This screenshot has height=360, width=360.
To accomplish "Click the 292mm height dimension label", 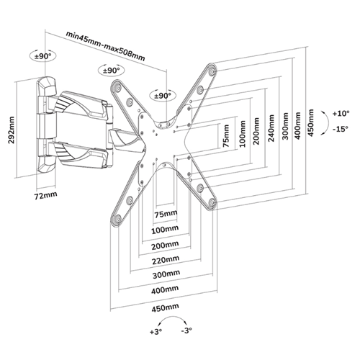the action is tap(12, 130).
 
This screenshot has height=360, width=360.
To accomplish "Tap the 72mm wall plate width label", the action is tap(46, 195).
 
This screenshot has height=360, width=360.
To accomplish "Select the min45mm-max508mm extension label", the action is tap(106, 45).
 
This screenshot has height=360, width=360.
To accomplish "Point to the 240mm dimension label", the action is tap(271, 128).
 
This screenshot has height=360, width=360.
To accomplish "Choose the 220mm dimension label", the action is tap(166, 260).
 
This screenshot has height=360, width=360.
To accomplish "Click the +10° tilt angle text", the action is tap(341, 113).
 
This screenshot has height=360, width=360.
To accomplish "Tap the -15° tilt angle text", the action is tap(341, 129).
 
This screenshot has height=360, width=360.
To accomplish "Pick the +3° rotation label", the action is tap(156, 332).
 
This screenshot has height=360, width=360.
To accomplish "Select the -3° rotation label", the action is tap(186, 330).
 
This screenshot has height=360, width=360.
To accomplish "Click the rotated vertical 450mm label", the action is tap(311, 123).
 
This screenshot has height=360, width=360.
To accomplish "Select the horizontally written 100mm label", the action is tap(165, 230).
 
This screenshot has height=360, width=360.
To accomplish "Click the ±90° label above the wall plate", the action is tap(43, 56).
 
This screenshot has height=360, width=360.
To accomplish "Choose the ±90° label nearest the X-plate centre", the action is tap(163, 96).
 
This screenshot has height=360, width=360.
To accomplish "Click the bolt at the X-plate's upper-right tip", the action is tap(212, 72).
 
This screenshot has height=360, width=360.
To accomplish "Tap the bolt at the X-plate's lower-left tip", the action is tap(117, 219).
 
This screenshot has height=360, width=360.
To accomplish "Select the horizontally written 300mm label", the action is tap(166, 274).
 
